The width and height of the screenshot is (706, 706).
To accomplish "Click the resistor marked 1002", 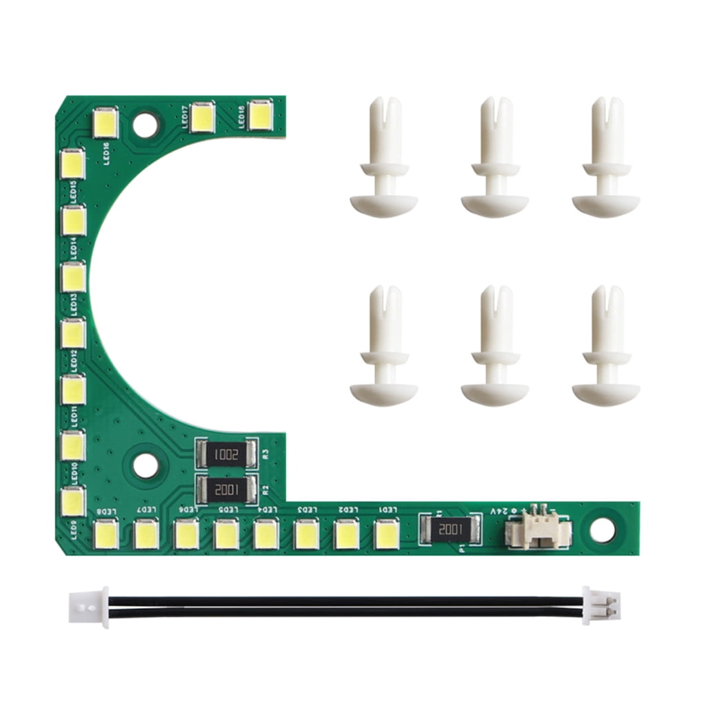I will pos(227,454).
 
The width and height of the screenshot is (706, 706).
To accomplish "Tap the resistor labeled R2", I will pos(227,490).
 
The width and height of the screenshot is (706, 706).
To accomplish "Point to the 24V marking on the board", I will pos(502,512).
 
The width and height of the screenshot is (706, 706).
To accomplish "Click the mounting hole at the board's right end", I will pos(601,529).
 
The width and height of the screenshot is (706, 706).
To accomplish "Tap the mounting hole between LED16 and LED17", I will pos(145,125).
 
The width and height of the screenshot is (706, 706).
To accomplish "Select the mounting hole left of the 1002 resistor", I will pos(145,465).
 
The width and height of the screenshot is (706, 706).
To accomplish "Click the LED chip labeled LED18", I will pos(260,116).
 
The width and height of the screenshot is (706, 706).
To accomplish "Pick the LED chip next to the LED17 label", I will pos(203,117).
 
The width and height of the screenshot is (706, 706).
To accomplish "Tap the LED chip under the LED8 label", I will pos(106,534).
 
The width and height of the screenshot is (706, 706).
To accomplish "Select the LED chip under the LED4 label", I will pos(265,534).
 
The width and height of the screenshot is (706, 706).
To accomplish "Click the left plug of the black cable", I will pos(88,607).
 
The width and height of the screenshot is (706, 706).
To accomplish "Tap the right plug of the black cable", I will pos(600,606).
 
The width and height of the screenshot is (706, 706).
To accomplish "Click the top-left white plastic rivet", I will pos(384,158).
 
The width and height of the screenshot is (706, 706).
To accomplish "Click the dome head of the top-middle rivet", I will pos(495,205).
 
